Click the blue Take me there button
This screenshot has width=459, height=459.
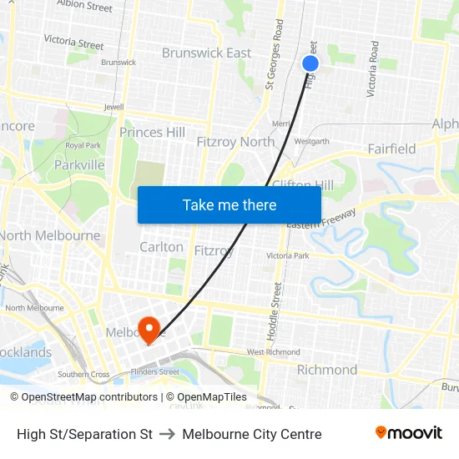[229, 204]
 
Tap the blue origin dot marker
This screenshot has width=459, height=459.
[310, 63]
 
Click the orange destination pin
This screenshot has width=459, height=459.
[149, 329]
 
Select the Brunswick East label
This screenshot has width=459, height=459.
[206, 53]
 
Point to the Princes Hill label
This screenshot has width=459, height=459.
[152, 132]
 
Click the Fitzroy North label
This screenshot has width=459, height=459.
[235, 142]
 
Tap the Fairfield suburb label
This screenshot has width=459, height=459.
[391, 149]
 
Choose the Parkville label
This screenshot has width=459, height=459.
[79, 164]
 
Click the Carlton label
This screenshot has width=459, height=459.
[161, 247]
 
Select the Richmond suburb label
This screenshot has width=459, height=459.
[327, 370]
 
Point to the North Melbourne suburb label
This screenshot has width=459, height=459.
[50, 235]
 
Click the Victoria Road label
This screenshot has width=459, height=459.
[373, 68]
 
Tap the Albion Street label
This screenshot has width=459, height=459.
[84, 7]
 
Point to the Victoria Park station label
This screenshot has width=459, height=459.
[287, 255]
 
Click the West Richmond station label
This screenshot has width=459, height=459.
[273, 352]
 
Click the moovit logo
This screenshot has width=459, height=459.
[408, 433]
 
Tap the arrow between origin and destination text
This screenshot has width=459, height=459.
[167, 434]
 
